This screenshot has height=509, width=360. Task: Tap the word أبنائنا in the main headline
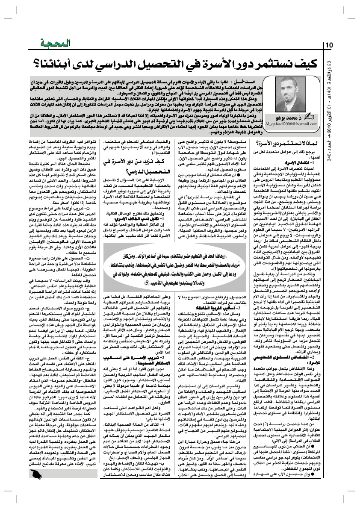(x=56, y=64)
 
